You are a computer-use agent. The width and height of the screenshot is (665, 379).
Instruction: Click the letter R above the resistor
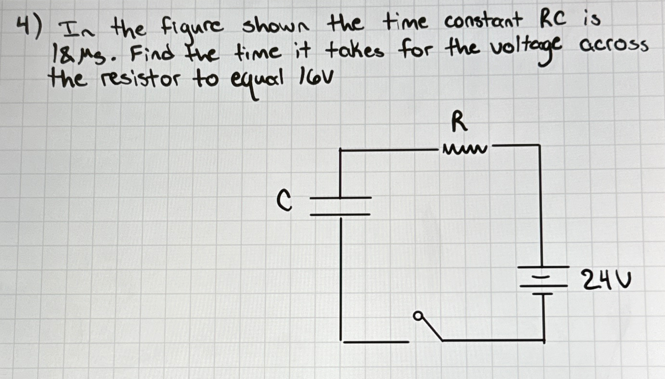pyautogui.click(x=459, y=122)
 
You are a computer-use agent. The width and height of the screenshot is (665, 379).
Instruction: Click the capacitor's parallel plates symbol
pyautogui.click(x=340, y=205)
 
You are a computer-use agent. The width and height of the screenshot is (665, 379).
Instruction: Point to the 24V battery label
pyautogui.click(x=606, y=280)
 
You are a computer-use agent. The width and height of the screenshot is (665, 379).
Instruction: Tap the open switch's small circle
pyautogui.click(x=417, y=317)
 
